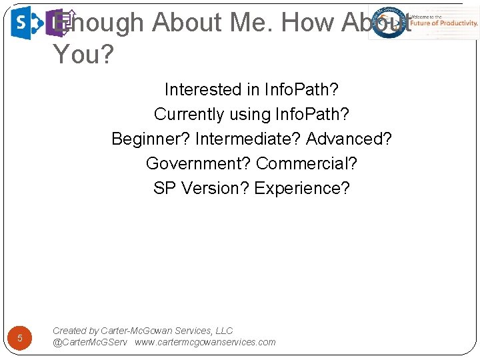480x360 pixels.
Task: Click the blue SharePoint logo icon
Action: point(25,23)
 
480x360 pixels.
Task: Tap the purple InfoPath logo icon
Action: point(59,23)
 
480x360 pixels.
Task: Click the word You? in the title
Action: point(83,54)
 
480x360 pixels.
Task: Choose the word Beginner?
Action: point(151,139)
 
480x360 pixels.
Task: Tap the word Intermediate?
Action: point(248,139)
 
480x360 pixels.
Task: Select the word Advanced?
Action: point(349,139)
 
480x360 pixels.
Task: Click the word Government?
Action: point(198,163)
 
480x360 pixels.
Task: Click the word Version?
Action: point(213,188)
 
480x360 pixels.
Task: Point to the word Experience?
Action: point(301,188)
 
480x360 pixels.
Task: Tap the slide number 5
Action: point(20,338)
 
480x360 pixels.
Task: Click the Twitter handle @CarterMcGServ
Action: point(90,342)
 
